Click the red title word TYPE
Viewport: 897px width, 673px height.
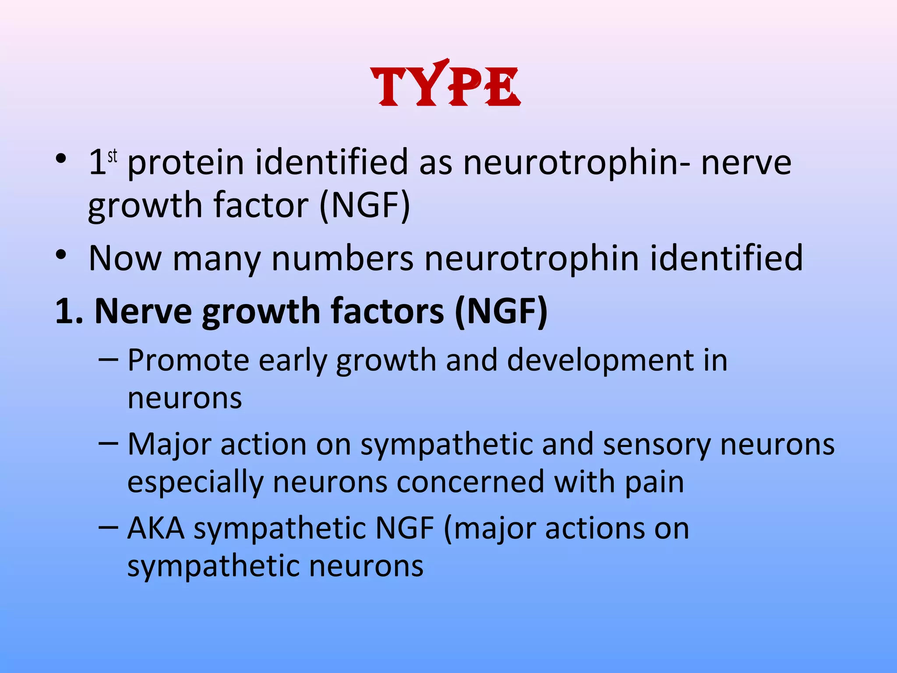[x=446, y=85]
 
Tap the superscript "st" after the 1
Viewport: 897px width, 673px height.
[x=113, y=156]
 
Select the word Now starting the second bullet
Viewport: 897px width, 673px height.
[x=125, y=259]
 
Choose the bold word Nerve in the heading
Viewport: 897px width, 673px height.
[x=143, y=311]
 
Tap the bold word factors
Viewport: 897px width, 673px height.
[x=387, y=311]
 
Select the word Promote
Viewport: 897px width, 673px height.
[x=188, y=361]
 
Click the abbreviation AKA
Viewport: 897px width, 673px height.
[x=156, y=528]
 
